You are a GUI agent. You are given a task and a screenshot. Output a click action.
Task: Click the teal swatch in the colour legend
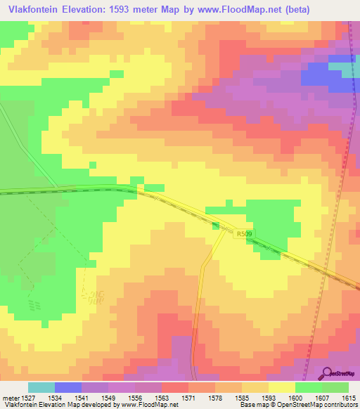tap(41, 387)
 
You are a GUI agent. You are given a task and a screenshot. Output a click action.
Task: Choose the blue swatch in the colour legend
tap(67, 387)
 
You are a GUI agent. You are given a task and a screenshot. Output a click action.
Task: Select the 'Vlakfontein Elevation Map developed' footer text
tap(49, 405)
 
